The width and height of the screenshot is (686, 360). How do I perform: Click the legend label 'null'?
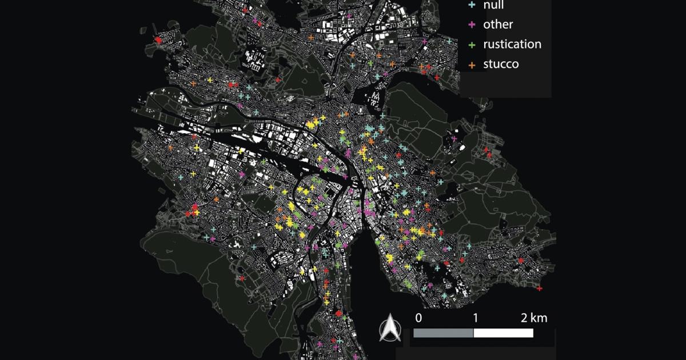click(494, 5)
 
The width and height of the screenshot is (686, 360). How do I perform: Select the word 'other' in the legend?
click(498, 25)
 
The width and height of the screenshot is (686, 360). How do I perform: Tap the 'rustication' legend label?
click(512, 44)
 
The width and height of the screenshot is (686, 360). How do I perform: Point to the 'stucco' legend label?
click(501, 63)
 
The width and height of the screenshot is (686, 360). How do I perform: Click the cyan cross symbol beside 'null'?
click(472, 5)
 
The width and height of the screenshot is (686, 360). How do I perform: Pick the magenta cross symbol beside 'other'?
click(472, 25)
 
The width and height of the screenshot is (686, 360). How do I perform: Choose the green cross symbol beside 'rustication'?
click(472, 45)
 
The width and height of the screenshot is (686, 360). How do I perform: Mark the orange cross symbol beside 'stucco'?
click(472, 64)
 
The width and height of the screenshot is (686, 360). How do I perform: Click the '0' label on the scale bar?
click(418, 318)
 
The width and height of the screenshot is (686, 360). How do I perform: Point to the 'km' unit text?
click(539, 318)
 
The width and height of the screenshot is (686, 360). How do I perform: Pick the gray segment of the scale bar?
click(443, 333)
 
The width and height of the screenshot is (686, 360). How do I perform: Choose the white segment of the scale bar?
click(504, 333)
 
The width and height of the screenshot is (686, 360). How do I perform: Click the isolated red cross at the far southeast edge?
click(540, 289)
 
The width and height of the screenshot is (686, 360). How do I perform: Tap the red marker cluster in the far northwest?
click(158, 39)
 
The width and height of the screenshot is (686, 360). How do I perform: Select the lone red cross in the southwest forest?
click(242, 278)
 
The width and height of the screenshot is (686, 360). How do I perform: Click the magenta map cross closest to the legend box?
click(424, 41)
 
